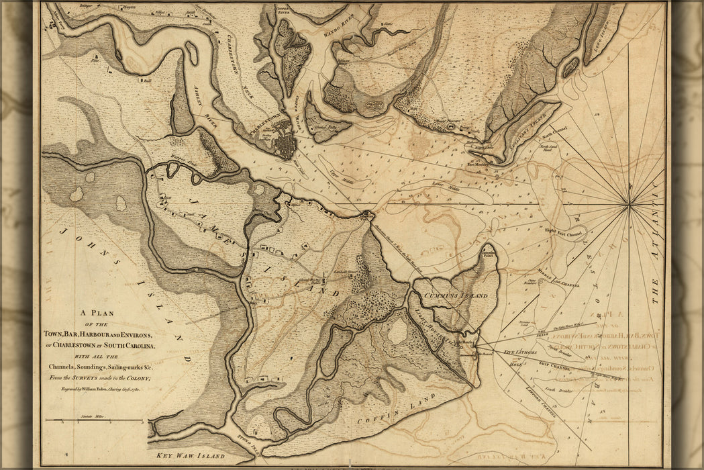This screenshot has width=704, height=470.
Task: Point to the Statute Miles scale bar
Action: click(94, 421)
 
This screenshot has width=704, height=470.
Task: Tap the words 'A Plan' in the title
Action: click(99, 312)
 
